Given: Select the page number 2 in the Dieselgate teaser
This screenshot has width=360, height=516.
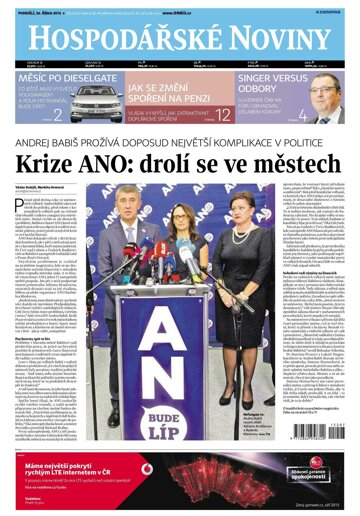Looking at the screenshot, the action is [x=59, y=115].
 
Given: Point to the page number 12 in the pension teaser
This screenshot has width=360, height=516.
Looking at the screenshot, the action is [x=222, y=114].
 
